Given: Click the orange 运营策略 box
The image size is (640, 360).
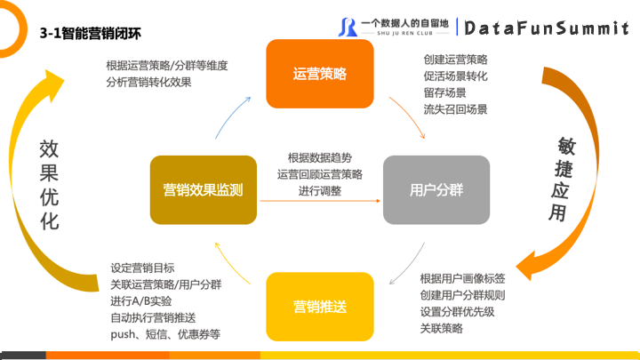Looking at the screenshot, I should click(319, 75).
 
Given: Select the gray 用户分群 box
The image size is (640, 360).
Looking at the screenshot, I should click(436, 189).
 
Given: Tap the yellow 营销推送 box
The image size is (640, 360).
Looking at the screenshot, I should click(319, 306).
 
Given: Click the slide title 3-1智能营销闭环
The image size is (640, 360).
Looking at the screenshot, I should click(91, 33).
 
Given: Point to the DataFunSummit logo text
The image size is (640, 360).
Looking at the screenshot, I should click(547, 28).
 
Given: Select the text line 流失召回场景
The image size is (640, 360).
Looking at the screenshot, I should click(455, 109).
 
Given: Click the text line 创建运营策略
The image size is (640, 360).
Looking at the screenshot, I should click(455, 59).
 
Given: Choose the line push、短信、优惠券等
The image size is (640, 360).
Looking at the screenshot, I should click(165, 334).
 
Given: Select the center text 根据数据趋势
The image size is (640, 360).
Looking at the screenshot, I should click(320, 156).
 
